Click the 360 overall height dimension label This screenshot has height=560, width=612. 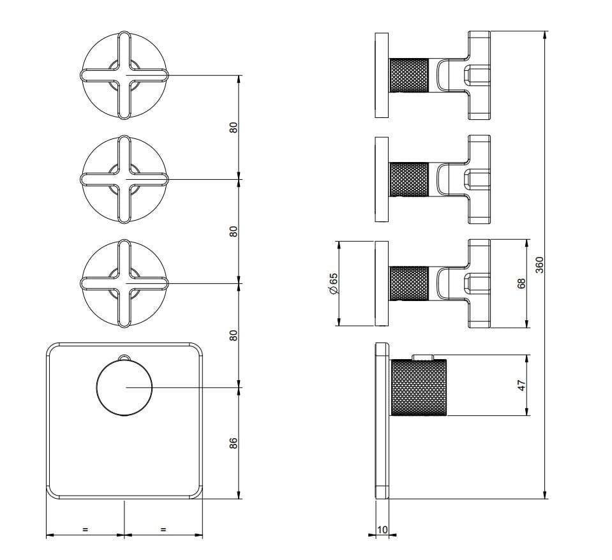click(539, 265)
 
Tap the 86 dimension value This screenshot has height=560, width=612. click(233, 443)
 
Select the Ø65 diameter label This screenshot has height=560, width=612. click(333, 284)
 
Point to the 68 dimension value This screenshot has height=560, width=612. click(521, 284)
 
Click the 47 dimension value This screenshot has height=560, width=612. click(521, 385)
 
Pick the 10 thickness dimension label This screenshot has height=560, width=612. click(383, 529)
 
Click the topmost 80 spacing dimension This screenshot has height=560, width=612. click(233, 128)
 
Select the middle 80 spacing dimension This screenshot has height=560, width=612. click(233, 232)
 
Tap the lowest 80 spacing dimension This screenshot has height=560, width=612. click(233, 335)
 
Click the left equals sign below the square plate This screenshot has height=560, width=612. click(85, 529)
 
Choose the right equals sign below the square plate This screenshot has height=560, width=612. click(163, 529)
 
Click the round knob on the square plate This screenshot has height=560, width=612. click(124, 387)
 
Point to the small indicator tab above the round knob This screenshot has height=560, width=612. click(124, 357)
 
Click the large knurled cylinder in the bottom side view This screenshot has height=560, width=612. click(419, 388)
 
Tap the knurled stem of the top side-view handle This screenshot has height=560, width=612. click(410, 75)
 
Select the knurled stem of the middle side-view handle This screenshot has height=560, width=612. click(410, 179)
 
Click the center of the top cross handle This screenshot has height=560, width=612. click(124, 75)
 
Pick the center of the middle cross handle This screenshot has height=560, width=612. click(124, 179)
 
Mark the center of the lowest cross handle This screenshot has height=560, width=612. click(124, 283)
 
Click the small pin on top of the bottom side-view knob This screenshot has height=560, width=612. click(422, 357)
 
